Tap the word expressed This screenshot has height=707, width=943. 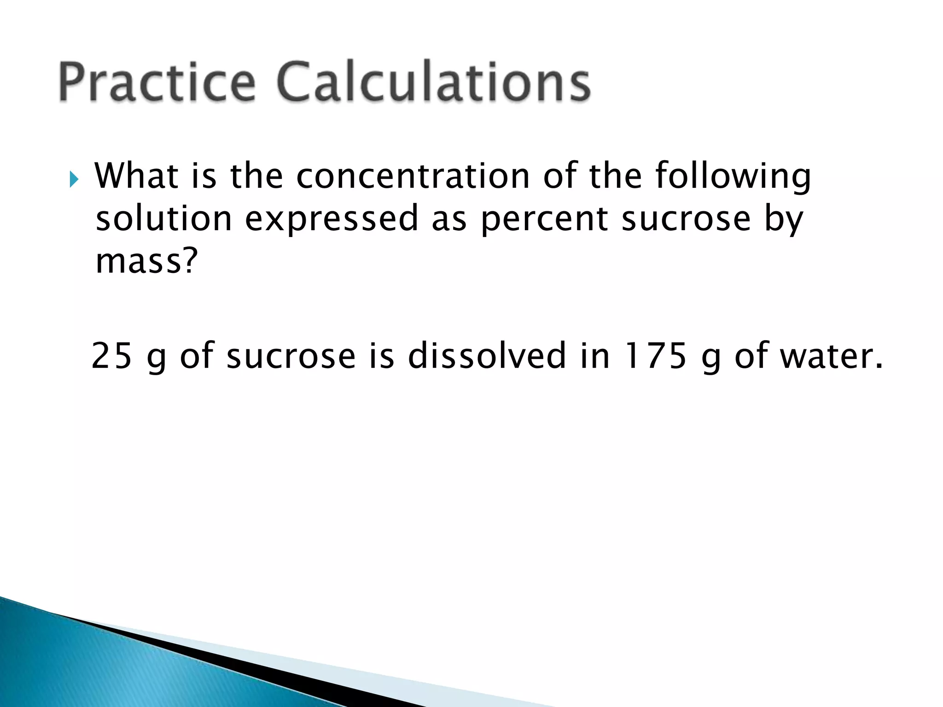point(332,220)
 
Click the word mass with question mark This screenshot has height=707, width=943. point(146,261)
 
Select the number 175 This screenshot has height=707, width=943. point(654,356)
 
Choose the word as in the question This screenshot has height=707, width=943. point(449,220)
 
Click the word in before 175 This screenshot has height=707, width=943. point(595,356)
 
